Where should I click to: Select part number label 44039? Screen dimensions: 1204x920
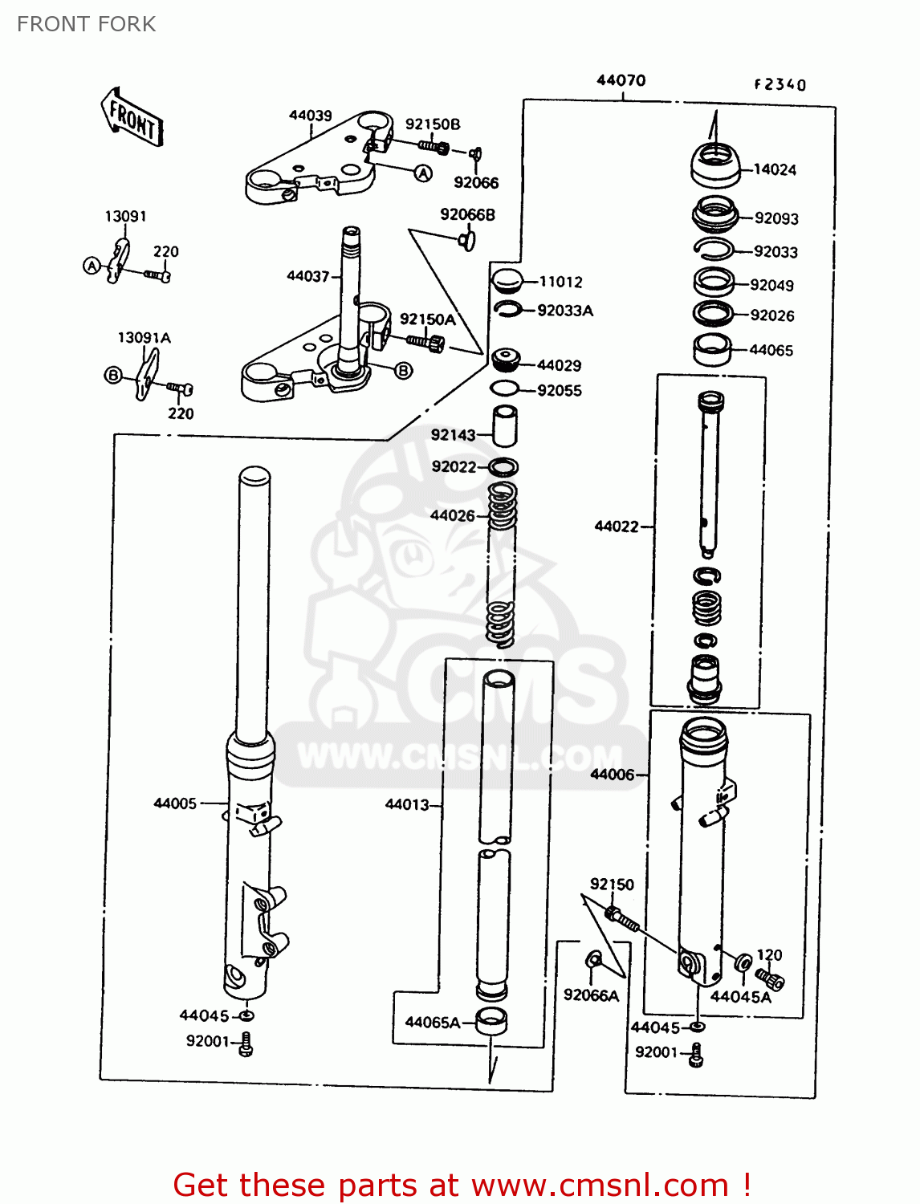tap(310, 116)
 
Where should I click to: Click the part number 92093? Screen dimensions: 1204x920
tap(775, 218)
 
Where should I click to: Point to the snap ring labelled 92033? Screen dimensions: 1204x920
tap(713, 250)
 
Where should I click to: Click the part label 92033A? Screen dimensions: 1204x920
tap(564, 311)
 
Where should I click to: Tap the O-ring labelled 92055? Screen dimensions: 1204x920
tap(504, 390)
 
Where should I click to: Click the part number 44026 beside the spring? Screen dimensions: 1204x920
tap(453, 516)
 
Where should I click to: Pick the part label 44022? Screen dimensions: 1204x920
tap(616, 527)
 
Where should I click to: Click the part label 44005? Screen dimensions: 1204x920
tap(175, 803)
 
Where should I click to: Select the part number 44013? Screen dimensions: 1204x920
tap(407, 804)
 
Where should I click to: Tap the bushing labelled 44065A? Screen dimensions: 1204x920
tap(491, 1022)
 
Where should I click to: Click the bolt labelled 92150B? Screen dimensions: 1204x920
tap(434, 147)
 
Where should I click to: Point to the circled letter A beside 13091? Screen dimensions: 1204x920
tap(92, 266)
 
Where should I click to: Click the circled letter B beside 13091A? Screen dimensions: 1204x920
tap(113, 375)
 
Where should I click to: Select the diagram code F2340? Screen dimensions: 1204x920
tap(780, 84)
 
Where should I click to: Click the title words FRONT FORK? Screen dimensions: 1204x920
tap(87, 24)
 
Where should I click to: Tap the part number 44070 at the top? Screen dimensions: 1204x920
tap(621, 80)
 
